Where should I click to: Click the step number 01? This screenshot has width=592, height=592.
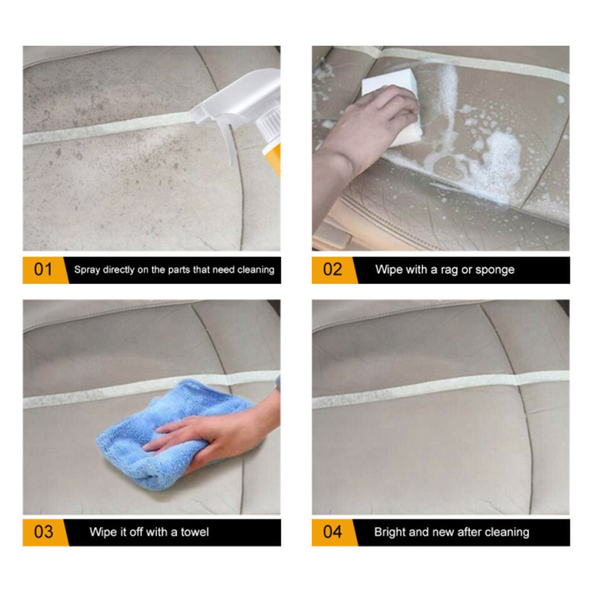(43, 269)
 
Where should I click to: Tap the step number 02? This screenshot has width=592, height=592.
(332, 269)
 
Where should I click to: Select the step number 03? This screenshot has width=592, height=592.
(43, 532)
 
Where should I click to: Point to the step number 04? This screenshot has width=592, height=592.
(332, 532)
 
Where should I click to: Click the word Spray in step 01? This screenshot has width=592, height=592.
(87, 270)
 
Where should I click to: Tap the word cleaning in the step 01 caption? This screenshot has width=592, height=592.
(256, 269)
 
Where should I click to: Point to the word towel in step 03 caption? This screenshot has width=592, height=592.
(194, 532)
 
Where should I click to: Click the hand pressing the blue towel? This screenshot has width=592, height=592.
(215, 434)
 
